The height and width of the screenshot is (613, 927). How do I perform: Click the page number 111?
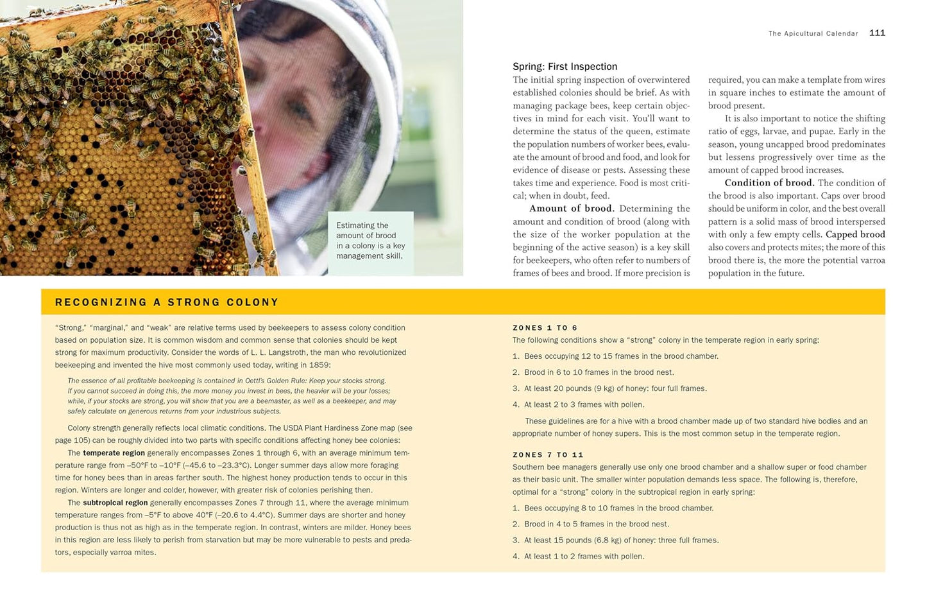[x=877, y=33]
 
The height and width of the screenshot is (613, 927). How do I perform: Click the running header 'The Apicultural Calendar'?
[x=813, y=34]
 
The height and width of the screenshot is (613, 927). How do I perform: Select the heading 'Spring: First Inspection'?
[x=565, y=67]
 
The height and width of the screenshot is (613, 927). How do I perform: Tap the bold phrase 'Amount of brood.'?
[x=572, y=209]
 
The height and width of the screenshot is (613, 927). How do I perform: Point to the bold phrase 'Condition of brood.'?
[x=769, y=183]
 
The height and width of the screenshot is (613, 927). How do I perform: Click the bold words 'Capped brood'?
[x=855, y=234]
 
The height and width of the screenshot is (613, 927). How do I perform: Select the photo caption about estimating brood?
[x=370, y=241]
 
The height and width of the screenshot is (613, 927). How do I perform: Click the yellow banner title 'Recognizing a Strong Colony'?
[x=167, y=302]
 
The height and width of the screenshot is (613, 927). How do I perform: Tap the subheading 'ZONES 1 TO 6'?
[x=545, y=328]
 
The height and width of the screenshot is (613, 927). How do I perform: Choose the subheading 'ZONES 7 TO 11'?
[x=548, y=455]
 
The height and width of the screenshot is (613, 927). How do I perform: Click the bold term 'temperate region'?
[x=114, y=453]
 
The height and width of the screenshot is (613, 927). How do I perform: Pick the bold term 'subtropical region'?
[x=115, y=503]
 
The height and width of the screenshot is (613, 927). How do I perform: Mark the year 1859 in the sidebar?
[x=319, y=365]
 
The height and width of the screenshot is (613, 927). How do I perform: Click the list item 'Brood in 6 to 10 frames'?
[x=599, y=372]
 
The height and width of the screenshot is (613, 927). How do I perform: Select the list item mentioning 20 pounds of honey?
[x=615, y=388]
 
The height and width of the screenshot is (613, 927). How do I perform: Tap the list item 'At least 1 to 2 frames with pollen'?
[x=584, y=557]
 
